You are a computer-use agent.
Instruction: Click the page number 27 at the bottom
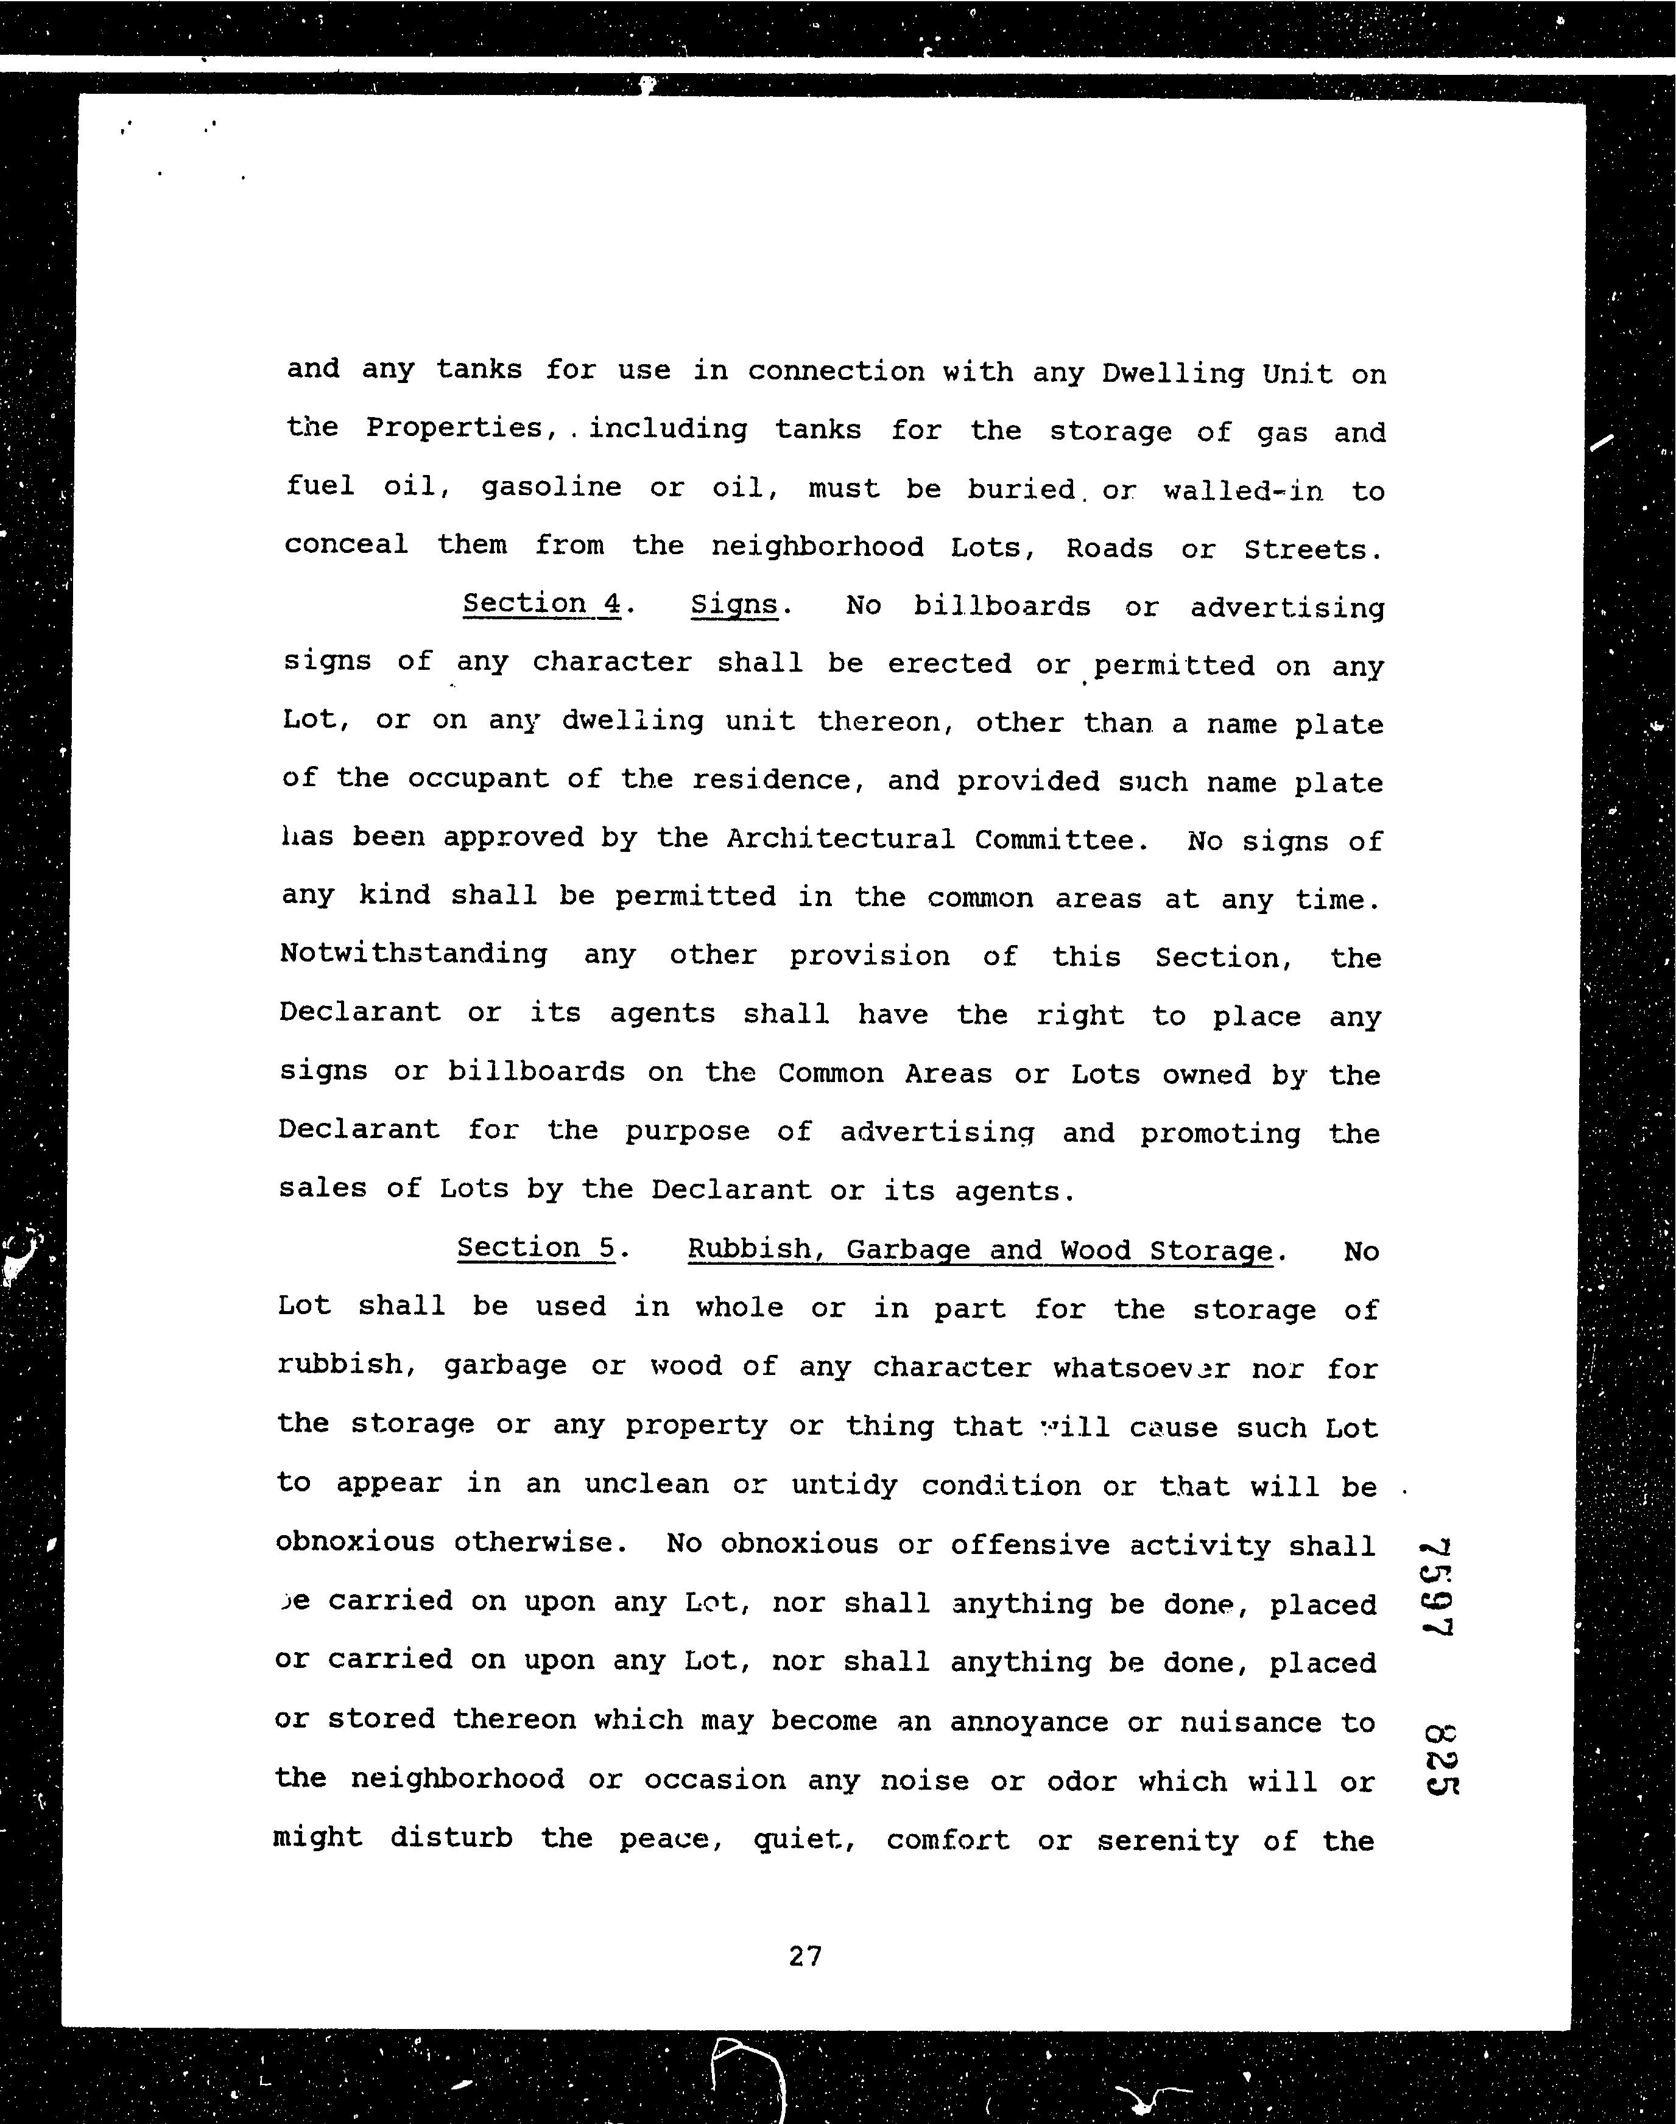click(805, 1957)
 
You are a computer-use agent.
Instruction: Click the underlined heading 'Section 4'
click(541, 603)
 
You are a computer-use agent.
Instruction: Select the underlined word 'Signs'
click(734, 605)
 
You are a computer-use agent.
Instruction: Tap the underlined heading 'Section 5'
click(537, 1248)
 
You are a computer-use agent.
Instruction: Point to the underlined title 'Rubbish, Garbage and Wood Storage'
click(979, 1251)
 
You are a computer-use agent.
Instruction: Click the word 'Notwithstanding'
click(413, 954)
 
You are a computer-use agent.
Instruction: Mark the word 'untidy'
click(844, 1485)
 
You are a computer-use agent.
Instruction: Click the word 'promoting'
click(1220, 1134)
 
